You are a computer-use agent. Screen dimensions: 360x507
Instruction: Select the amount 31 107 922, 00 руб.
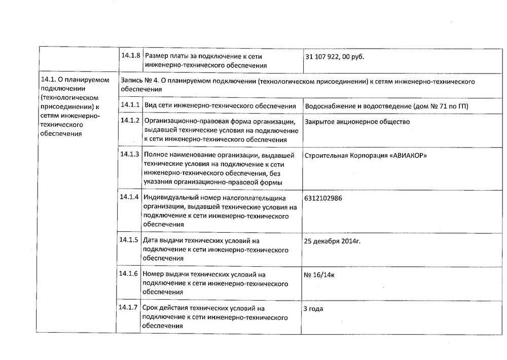coord(335,56)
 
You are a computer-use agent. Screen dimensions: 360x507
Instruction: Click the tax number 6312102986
coord(323,198)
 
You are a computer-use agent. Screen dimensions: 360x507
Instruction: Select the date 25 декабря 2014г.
coord(332,241)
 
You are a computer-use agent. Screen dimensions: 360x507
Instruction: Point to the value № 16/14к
coord(319,275)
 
